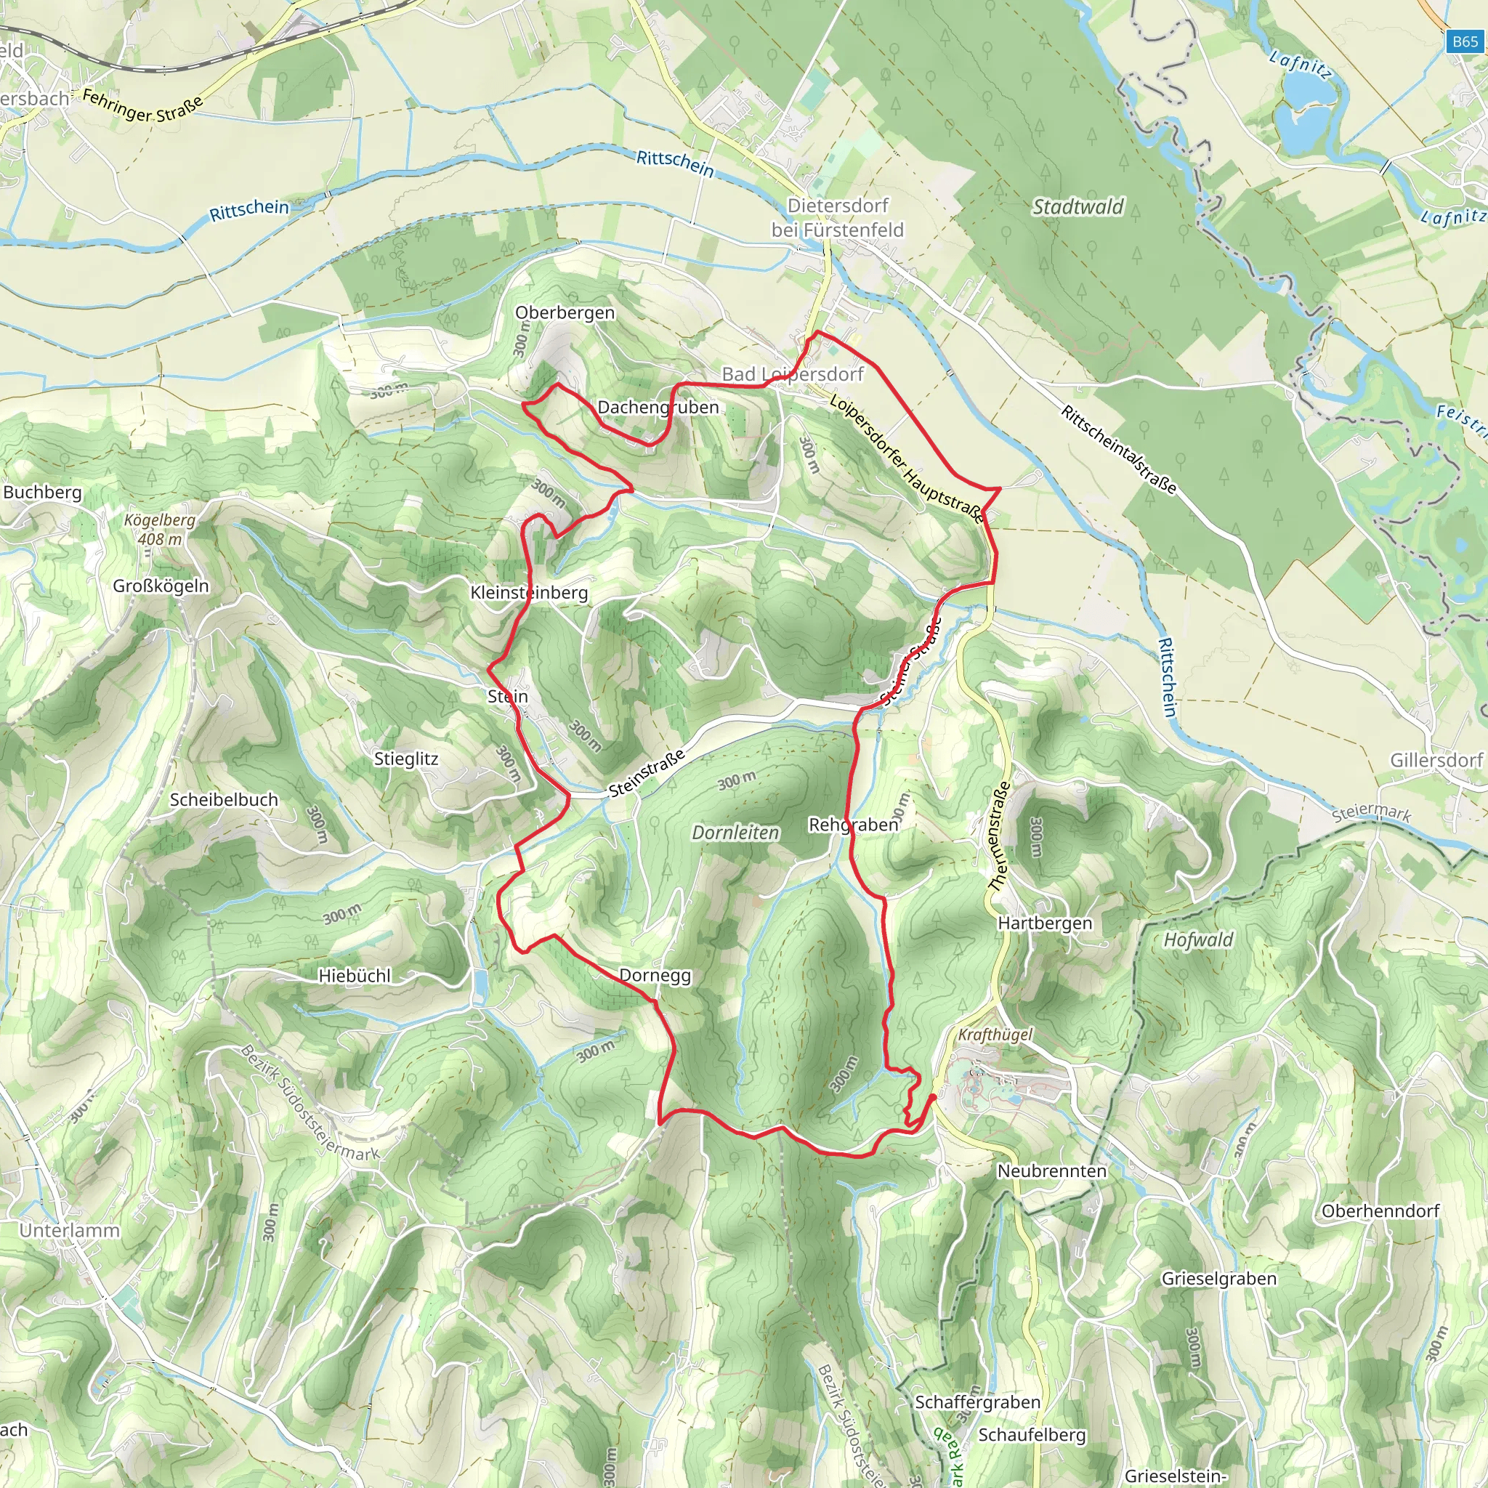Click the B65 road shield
[x=1464, y=41]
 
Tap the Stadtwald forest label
[x=1077, y=206]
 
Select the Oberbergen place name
[x=565, y=312]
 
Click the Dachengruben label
[x=658, y=407]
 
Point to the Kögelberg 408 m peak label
[x=160, y=529]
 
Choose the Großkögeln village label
[x=161, y=586]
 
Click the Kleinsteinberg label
[x=529, y=592]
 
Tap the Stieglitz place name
[x=406, y=759]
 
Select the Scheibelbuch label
[x=223, y=799]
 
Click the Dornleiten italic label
[x=735, y=833]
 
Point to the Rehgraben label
[x=854, y=825]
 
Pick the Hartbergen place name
[x=1044, y=923]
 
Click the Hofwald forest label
[x=1197, y=939]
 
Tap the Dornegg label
[x=655, y=975]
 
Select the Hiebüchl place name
[x=355, y=976]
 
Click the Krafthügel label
[x=995, y=1035]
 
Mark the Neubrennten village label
[x=1051, y=1170]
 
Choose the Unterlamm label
[x=69, y=1230]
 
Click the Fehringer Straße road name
[x=142, y=106]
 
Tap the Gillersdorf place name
[x=1436, y=760]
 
